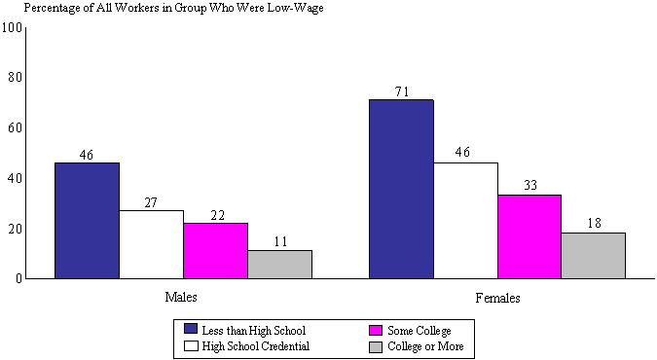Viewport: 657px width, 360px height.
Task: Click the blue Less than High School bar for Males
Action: tap(87, 220)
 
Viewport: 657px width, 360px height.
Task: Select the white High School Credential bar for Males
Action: tap(151, 244)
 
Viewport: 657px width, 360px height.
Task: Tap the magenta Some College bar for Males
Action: tap(215, 250)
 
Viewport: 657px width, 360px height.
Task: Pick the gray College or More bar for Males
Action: tap(279, 264)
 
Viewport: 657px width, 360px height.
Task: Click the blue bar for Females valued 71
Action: tap(401, 189)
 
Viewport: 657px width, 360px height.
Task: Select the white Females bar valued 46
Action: tap(465, 220)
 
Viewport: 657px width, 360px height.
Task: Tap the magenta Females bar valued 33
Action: tap(529, 236)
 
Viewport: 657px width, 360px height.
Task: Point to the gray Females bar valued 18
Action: tap(594, 255)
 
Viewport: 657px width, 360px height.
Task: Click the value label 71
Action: tap(401, 91)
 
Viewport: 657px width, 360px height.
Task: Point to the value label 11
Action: tap(279, 241)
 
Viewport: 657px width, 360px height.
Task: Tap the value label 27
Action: tap(151, 201)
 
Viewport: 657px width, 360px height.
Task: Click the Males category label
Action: tap(183, 298)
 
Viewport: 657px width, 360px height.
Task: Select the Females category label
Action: tap(497, 298)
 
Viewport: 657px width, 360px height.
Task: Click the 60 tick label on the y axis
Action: tap(14, 127)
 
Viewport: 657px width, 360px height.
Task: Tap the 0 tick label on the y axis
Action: tap(18, 279)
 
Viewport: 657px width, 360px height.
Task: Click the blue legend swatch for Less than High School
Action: tap(191, 330)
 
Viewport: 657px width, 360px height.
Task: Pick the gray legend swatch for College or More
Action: tap(374, 345)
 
